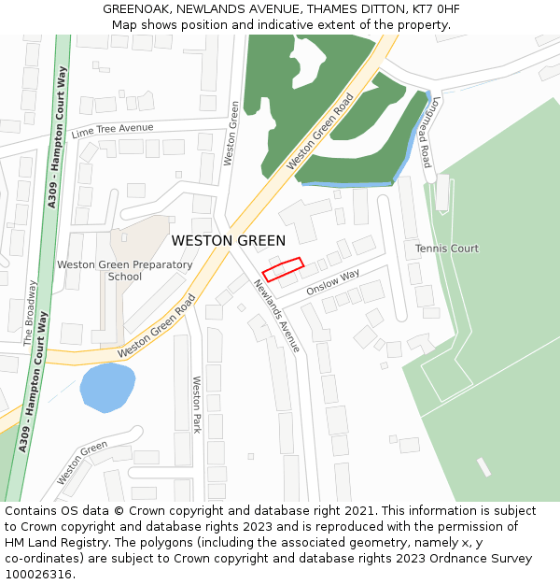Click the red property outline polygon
coord(283,269)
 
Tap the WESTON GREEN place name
coord(229,241)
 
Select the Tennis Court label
coord(446,249)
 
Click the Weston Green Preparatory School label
coord(125,270)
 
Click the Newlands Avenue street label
coord(277,316)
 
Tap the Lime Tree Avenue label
coord(112,129)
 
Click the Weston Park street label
coord(197,405)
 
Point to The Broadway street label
coord(29,313)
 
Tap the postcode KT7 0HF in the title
coord(433,9)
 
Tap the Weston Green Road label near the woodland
coord(320,132)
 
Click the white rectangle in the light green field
coord(483,466)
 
